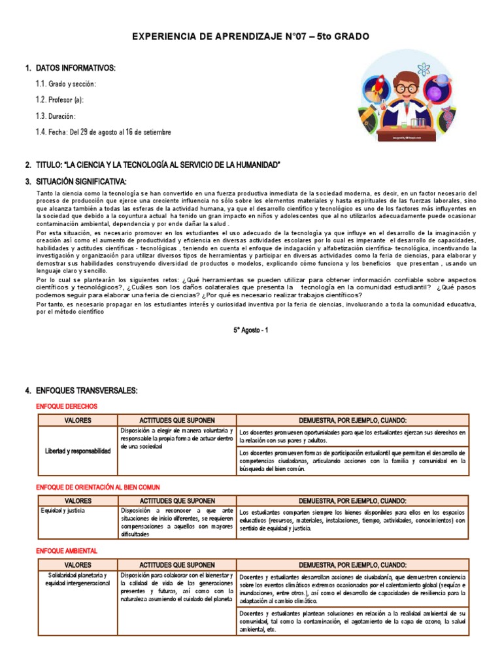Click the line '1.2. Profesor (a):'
(59, 100)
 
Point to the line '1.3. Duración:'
(60, 116)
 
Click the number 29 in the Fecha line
(84, 133)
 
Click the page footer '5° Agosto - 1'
(251, 330)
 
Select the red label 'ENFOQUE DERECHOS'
(67, 406)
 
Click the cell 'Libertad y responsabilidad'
(78, 451)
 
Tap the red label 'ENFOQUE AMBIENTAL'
(67, 551)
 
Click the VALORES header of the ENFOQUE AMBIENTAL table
(78, 564)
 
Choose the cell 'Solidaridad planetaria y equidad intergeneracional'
(78, 578)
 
